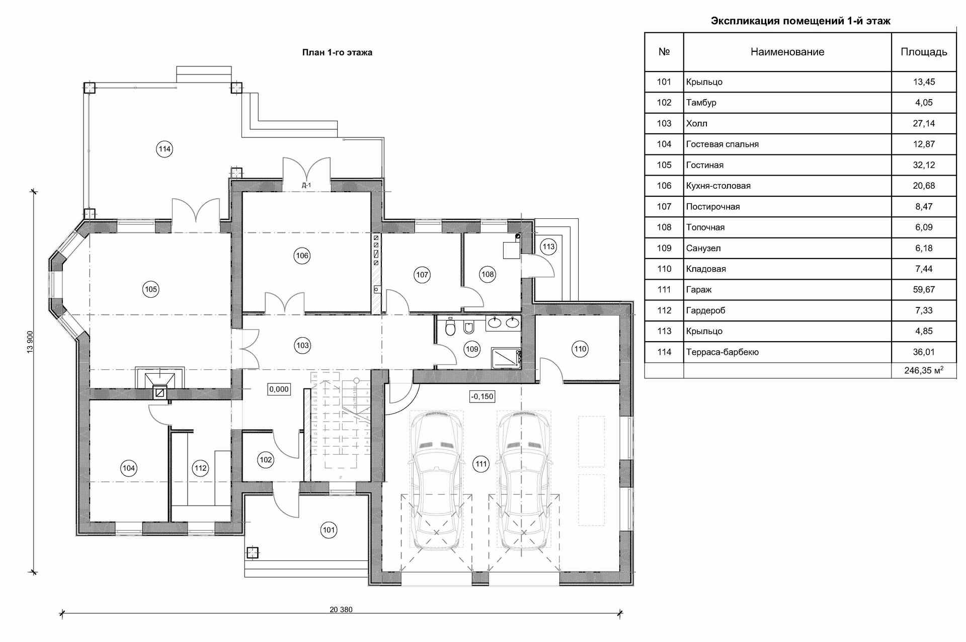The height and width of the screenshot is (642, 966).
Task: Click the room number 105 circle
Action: click(151, 289)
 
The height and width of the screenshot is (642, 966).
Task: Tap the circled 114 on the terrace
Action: click(165, 149)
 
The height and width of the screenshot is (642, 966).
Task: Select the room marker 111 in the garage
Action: click(481, 464)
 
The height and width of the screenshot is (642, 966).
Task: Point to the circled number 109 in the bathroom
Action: click(472, 349)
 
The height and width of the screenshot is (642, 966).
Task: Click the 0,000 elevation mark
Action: click(279, 389)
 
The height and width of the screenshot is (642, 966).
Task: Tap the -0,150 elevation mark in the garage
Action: click(482, 396)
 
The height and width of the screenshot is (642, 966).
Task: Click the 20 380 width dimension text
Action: click(341, 609)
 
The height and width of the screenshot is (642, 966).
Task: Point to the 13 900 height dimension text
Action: click(30, 342)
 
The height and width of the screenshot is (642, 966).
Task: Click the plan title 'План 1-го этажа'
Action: click(337, 52)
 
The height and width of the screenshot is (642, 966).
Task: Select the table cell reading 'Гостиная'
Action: click(704, 165)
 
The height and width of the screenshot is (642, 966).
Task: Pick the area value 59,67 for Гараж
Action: click(924, 290)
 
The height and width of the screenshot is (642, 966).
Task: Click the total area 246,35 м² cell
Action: click(924, 371)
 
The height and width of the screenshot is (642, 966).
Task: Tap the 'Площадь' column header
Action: click(924, 52)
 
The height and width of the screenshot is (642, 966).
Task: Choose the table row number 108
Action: click(664, 227)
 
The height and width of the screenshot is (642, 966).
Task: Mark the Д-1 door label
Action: click(306, 185)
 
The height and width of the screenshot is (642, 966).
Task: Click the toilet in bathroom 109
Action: click(450, 329)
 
